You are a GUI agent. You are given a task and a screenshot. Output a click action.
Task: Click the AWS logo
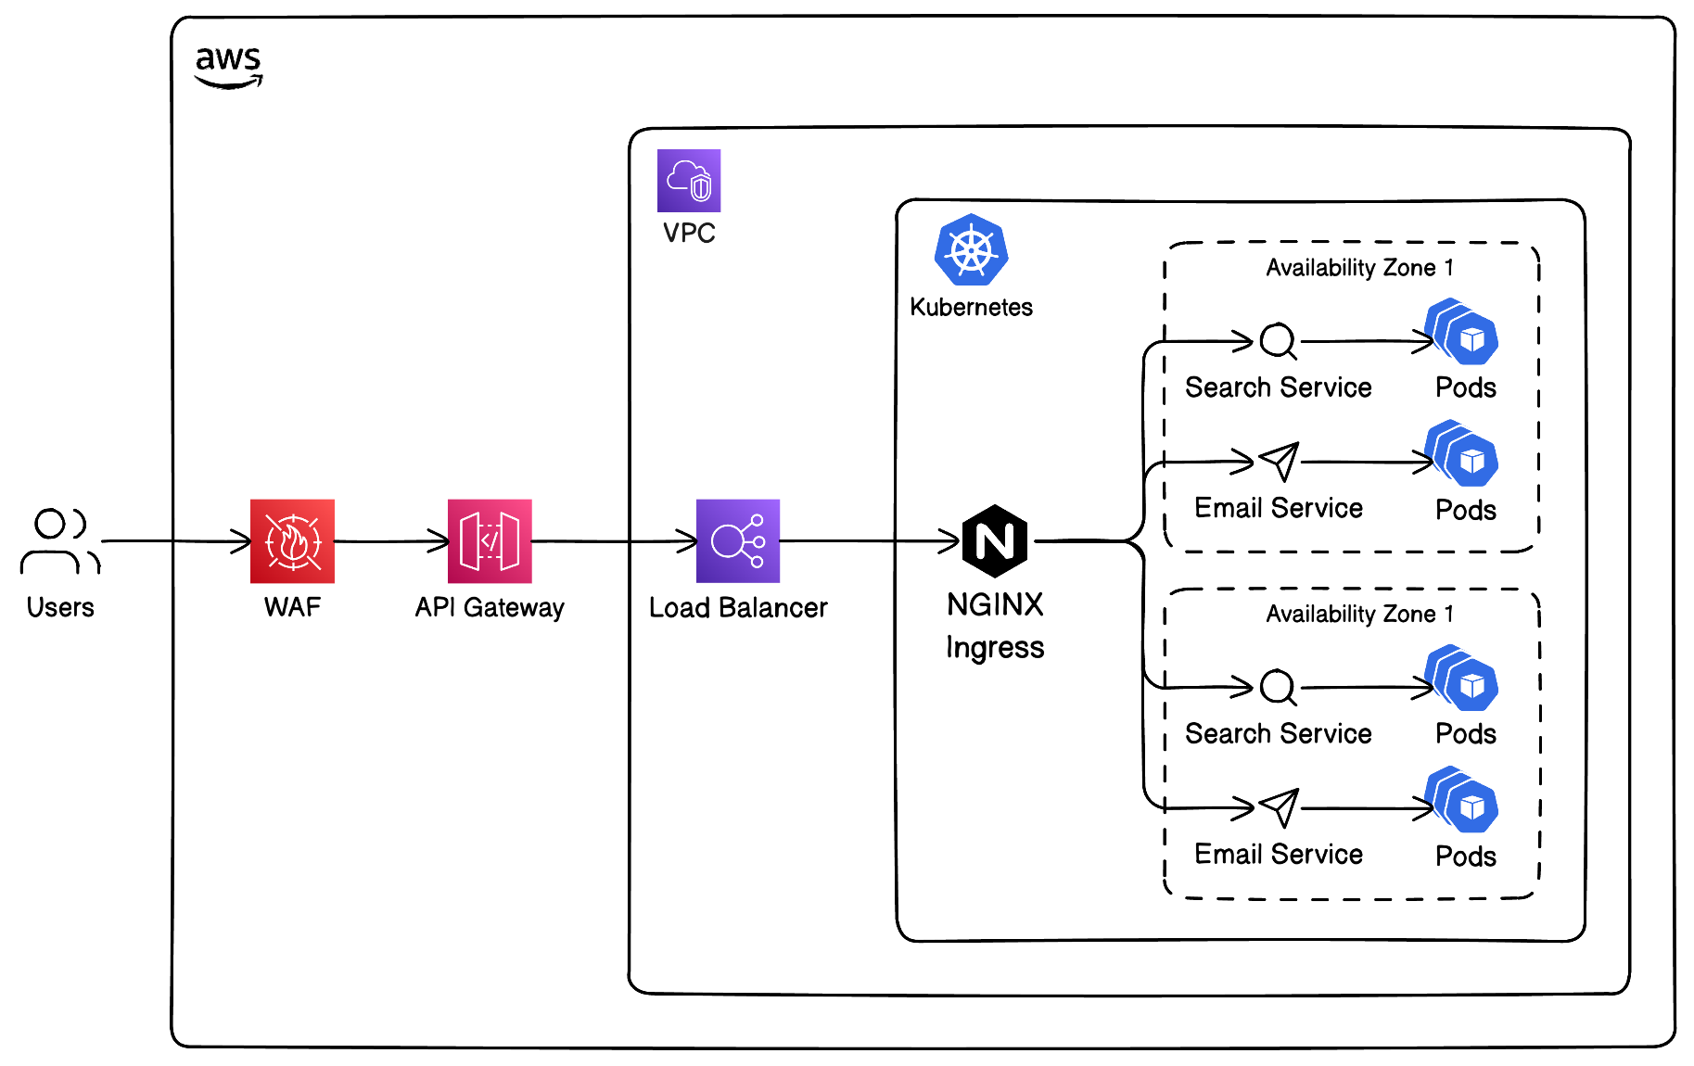[x=228, y=67]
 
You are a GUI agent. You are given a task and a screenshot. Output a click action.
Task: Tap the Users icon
[x=59, y=541]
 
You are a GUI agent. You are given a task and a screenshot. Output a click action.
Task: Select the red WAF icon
[x=292, y=541]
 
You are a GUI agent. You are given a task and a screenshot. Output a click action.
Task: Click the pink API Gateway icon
[x=490, y=541]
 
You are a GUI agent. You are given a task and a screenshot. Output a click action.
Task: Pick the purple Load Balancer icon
[x=738, y=541]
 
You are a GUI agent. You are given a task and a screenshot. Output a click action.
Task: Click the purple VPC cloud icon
[x=689, y=181]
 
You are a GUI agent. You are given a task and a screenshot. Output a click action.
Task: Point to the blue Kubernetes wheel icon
[x=971, y=250]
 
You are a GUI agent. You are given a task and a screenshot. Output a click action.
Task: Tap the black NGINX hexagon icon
[x=995, y=541]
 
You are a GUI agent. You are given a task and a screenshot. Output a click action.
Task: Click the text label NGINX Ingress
[x=995, y=626]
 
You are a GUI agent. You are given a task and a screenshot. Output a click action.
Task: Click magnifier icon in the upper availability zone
[x=1279, y=341]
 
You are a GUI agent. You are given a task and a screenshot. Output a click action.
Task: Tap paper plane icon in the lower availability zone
[x=1280, y=808]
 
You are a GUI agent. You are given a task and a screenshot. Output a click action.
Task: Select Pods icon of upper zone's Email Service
[x=1462, y=454]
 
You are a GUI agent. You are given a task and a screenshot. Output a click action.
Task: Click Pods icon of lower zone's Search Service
[x=1462, y=679]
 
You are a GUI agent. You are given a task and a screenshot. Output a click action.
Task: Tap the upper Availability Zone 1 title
[x=1359, y=268]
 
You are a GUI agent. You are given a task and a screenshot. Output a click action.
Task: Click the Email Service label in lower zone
[x=1279, y=854]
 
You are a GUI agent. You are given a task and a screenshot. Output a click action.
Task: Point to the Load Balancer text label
[x=738, y=608]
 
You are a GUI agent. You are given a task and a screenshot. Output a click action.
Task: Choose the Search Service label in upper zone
[x=1279, y=387]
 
